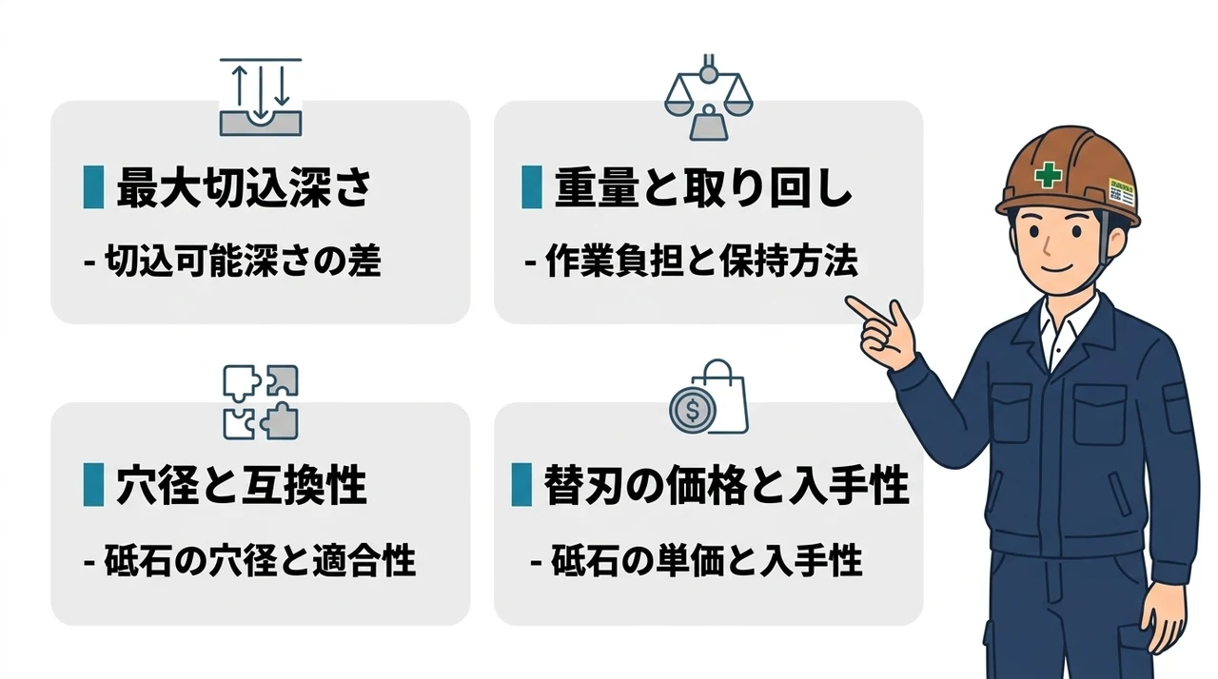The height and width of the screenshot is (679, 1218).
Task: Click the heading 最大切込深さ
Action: pos(245,188)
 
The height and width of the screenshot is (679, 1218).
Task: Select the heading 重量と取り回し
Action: pos(703,188)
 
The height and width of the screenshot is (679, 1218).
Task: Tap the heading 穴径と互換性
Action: pos(242,485)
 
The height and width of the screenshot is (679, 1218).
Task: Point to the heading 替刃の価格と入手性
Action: pos(726,485)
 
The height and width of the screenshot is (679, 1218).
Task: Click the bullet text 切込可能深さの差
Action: pos(233,261)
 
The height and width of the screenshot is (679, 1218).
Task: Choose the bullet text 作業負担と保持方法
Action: pos(692,261)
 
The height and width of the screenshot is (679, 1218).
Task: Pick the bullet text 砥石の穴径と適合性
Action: pos(250,560)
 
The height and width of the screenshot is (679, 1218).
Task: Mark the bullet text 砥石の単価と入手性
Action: pos(697,560)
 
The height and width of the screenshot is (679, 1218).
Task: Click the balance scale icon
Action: pos(709,97)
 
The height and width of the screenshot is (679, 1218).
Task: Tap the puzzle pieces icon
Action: pos(261,402)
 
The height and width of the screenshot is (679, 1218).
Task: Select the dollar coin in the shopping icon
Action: pos(692,410)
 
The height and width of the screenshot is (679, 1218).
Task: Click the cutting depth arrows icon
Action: pos(261,97)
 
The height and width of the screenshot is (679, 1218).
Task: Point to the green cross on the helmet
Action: pos(1048,175)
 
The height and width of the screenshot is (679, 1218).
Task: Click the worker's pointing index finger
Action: pos(865,308)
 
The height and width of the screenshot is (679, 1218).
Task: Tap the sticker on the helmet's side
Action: pos(1122,192)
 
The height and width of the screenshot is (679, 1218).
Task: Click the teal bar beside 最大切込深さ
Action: pos(93,187)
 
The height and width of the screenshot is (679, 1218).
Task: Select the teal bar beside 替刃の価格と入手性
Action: pos(521,485)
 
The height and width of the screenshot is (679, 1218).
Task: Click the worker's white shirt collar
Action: pos(1067,327)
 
